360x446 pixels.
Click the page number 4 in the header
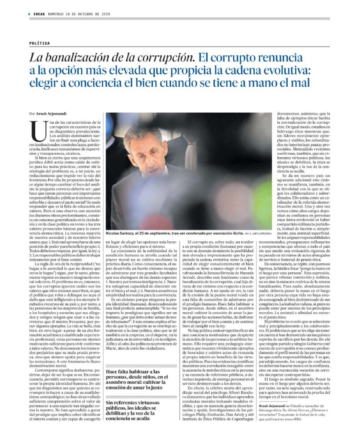28,14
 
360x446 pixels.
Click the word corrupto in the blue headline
232,57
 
